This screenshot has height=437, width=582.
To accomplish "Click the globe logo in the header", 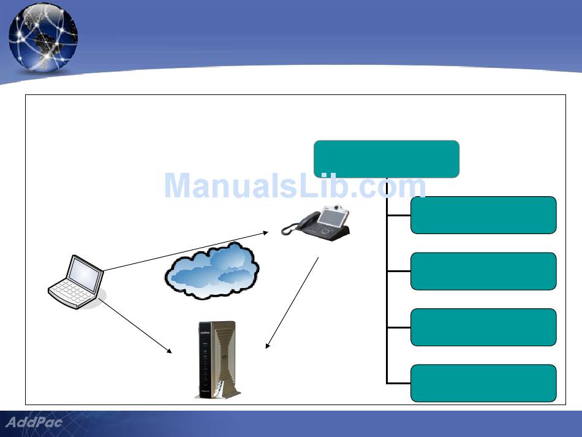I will [43, 37].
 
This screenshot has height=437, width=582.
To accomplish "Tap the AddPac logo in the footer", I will [34, 422].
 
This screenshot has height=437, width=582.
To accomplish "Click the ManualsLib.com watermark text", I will [295, 186].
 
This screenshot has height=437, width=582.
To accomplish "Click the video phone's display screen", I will [336, 217].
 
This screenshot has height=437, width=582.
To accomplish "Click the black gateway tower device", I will [214, 360].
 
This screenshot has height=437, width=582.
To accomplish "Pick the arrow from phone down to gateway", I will [293, 303].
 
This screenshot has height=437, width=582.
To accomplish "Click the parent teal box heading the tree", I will [386, 159].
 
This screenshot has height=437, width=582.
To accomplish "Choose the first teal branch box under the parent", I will [483, 215].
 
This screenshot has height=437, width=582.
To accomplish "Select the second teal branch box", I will [483, 271].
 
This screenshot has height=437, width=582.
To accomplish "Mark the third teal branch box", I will [483, 327].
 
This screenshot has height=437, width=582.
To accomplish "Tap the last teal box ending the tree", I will [483, 383].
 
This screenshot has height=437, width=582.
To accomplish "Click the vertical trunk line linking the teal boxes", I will [387, 294].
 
